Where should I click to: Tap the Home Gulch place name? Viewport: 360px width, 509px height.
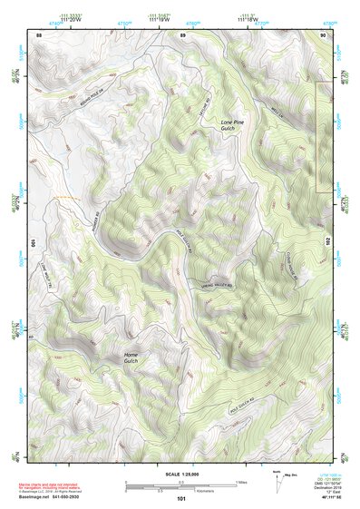pyautogui.click(x=137, y=357)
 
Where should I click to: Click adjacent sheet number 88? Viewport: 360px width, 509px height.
pyautogui.click(x=39, y=34)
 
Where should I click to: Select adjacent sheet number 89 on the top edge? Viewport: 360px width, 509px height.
pyautogui.click(x=182, y=34)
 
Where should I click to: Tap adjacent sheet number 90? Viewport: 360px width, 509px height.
pyautogui.click(x=324, y=34)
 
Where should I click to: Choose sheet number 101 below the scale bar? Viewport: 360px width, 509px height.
pyautogui.click(x=181, y=498)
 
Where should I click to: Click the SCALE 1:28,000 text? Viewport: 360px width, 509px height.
pyautogui.click(x=181, y=473)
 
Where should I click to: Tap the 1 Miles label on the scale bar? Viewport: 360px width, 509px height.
pyautogui.click(x=240, y=481)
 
